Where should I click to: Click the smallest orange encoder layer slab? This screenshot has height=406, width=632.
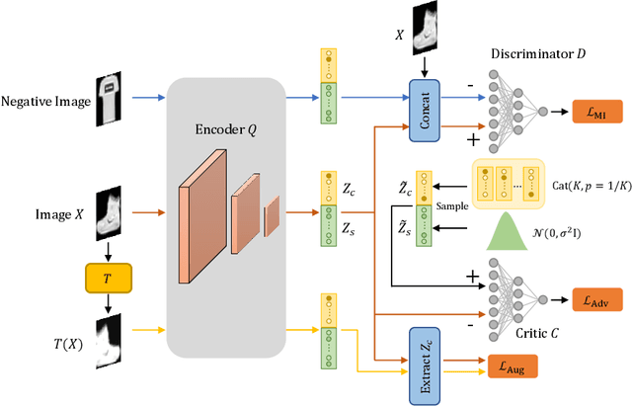coord(272,217)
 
